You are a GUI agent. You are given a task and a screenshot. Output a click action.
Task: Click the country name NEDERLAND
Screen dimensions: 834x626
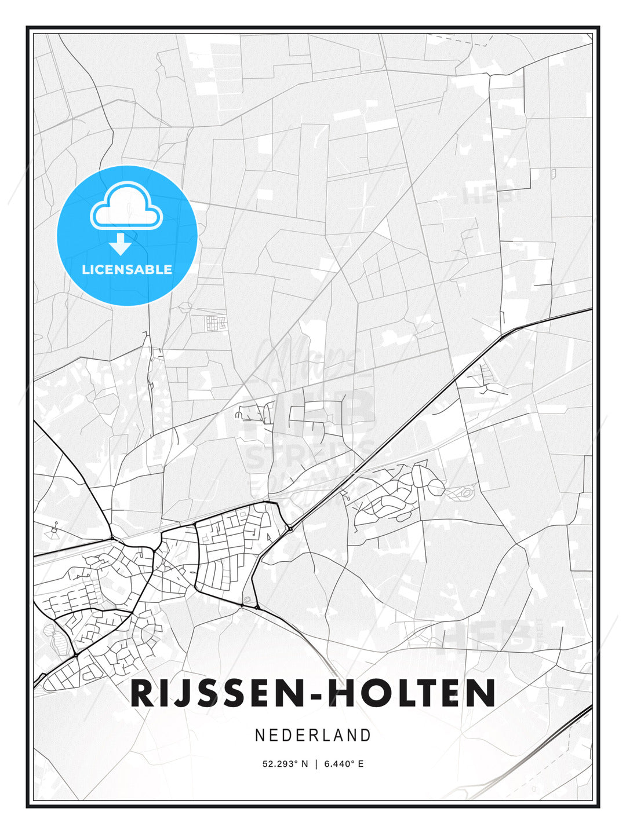(x=313, y=735)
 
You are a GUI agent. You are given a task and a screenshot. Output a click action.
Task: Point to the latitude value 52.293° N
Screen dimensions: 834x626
(x=285, y=764)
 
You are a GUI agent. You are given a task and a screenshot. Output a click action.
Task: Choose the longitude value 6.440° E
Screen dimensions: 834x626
(x=344, y=764)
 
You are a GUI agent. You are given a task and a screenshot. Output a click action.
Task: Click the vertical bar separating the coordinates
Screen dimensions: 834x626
(x=316, y=764)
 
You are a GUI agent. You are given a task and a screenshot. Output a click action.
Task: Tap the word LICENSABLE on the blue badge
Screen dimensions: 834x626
(x=127, y=269)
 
